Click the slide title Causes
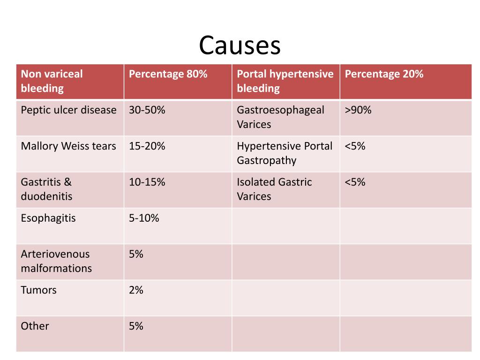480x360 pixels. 240,46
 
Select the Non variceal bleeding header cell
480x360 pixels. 52,81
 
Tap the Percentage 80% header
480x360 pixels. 168,74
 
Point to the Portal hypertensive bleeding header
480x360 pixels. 285,81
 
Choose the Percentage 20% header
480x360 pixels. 384,74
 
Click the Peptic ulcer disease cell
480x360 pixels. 68,110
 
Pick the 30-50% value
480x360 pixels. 147,110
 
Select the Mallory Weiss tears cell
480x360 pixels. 68,146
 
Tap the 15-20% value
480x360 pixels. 147,146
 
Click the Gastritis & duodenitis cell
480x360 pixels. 46,189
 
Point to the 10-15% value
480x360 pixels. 147,182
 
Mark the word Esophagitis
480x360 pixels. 48,218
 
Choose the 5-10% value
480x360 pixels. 144,218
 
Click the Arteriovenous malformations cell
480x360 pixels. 56,261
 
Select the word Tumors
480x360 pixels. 38,290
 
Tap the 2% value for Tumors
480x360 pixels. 136,290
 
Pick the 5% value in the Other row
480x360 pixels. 136,326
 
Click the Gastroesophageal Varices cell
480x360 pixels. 280,117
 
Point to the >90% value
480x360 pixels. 358,110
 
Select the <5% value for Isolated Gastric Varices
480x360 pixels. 355,182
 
